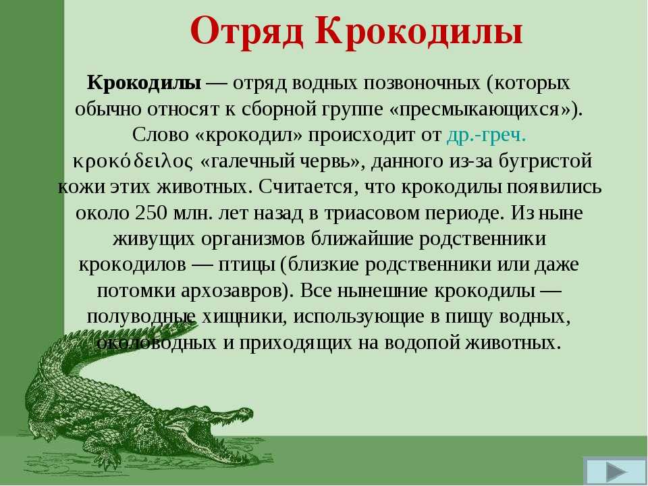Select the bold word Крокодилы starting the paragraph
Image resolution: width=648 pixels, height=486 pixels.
click(144, 83)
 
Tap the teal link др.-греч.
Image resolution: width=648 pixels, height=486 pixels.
click(487, 135)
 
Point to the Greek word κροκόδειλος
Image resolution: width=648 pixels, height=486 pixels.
click(133, 161)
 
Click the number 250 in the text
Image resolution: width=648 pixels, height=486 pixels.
click(151, 213)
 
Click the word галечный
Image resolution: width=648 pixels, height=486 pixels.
click(248, 161)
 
